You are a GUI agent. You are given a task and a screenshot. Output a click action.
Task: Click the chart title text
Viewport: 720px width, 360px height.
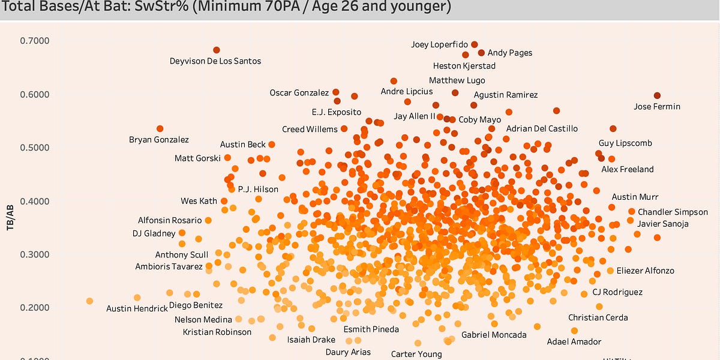click(226, 8)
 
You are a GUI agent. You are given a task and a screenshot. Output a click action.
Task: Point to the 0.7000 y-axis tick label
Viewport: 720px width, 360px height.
click(35, 41)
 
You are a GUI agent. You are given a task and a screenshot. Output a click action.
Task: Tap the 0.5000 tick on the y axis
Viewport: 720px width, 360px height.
click(35, 148)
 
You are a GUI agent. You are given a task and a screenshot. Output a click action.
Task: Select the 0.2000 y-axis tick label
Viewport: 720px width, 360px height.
click(35, 308)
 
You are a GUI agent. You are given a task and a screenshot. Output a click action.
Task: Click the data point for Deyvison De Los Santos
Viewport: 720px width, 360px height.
click(217, 50)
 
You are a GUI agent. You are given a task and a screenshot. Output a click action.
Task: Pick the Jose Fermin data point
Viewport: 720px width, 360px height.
click(657, 95)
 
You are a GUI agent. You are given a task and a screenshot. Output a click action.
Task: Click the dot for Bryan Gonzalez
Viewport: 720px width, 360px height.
click(160, 128)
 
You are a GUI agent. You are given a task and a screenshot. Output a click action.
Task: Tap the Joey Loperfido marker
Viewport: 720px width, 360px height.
click(475, 44)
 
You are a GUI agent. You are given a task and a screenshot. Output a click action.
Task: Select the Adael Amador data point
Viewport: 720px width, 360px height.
click(574, 331)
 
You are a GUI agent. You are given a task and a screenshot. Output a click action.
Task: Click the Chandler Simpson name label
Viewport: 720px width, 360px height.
click(673, 212)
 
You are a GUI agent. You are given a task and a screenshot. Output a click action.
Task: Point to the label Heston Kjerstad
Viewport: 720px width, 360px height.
click(464, 65)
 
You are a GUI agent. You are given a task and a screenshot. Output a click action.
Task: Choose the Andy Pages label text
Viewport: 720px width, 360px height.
click(509, 53)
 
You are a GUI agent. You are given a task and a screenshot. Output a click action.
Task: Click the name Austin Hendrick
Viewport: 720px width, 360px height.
click(137, 308)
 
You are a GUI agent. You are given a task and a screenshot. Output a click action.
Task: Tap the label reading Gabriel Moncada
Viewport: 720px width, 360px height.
click(494, 335)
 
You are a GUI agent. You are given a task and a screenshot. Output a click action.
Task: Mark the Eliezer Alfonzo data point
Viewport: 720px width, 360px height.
click(610, 271)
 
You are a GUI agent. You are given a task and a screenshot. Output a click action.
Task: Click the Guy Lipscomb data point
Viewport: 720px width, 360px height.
click(613, 129)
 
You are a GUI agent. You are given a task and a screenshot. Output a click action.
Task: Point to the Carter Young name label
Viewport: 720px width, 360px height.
click(416, 354)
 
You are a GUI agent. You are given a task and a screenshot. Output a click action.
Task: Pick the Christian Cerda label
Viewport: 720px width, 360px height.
click(598, 317)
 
